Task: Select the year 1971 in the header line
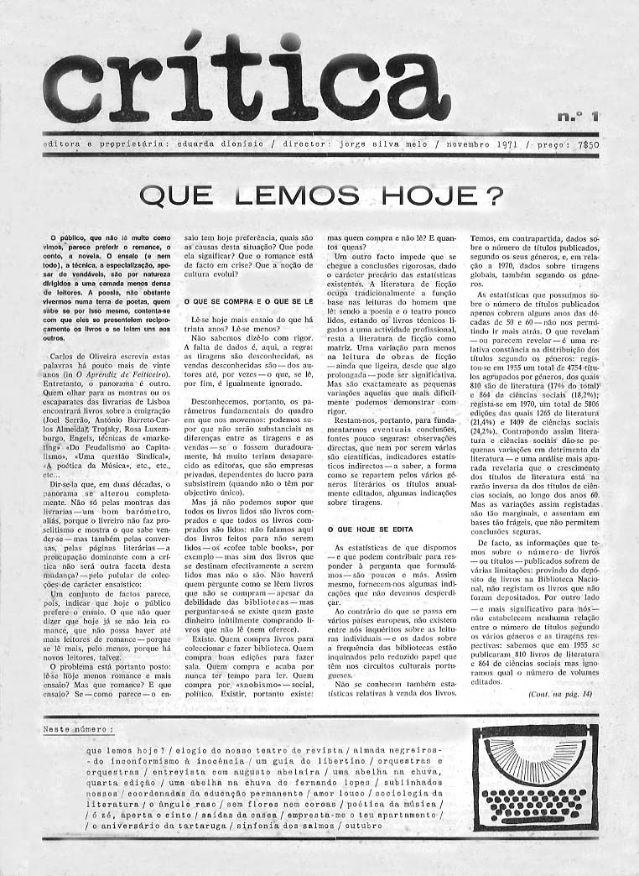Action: click(498, 143)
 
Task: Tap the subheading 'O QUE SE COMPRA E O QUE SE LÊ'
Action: click(250, 300)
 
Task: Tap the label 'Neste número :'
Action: click(78, 730)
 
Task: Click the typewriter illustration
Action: click(535, 780)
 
